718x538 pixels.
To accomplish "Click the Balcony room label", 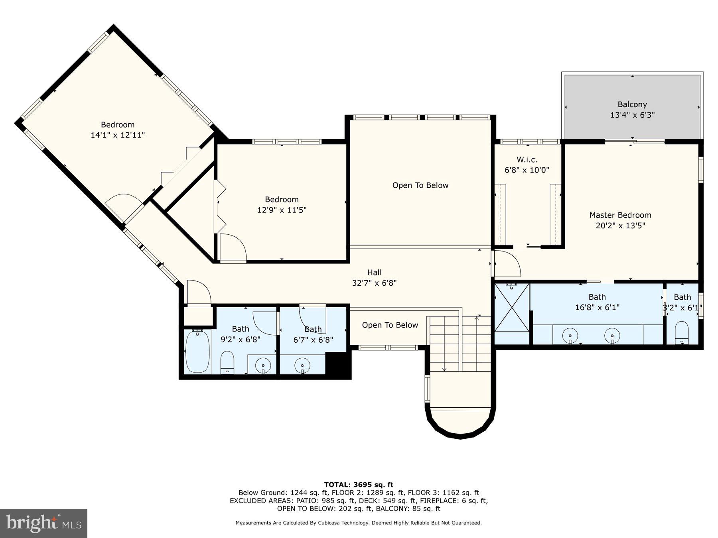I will tap(632, 105).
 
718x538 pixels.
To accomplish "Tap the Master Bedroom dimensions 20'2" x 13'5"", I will tap(620, 226).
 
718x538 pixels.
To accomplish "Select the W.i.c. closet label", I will tap(527, 160).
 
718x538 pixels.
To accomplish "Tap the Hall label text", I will tap(374, 273).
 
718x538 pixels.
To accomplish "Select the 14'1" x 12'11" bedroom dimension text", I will tap(118, 135).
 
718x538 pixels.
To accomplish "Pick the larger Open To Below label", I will tap(420, 185).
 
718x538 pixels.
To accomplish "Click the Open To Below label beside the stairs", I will tap(390, 325).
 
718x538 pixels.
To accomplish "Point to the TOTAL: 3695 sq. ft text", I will tap(359, 485).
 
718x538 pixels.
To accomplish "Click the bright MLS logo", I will tap(43, 523).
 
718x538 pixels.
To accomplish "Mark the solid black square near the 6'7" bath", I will tap(338, 365).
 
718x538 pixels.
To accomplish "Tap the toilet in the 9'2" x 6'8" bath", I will tap(227, 362).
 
